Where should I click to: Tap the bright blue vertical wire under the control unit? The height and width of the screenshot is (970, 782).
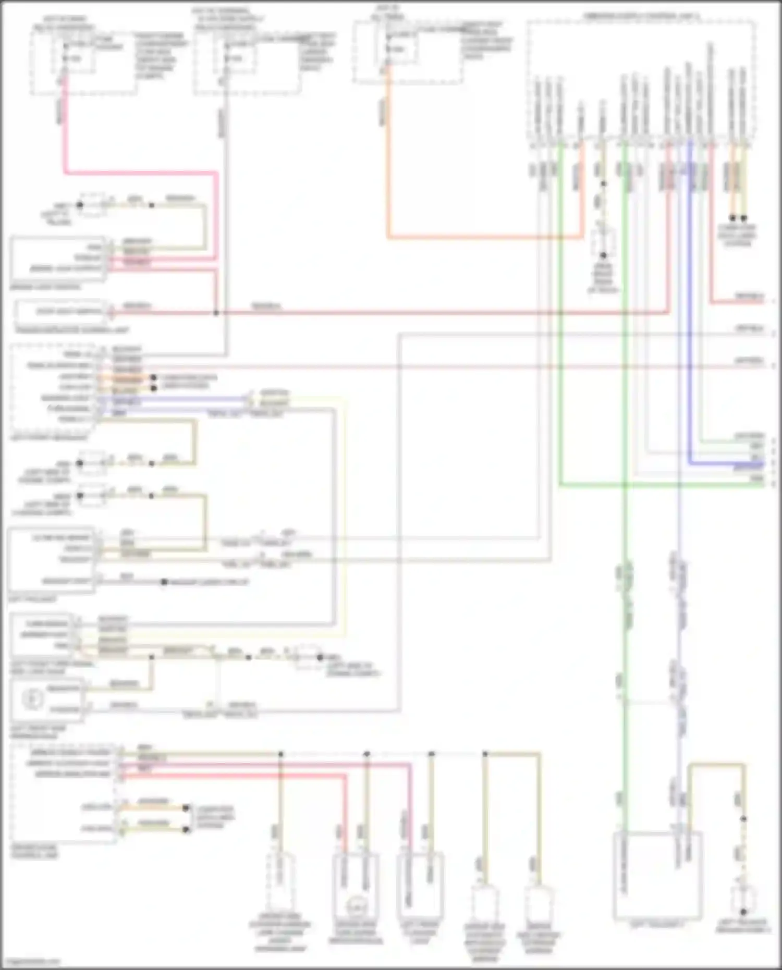coord(689,313)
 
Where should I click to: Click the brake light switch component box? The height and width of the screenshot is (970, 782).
coord(57,258)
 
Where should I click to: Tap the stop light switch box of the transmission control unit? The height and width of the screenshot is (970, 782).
coord(62,312)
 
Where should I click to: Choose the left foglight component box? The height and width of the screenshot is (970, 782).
coord(51,560)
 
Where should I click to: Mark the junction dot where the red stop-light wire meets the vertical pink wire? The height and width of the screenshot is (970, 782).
coord(216,313)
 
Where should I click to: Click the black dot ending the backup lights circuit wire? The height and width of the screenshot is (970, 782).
coord(164,582)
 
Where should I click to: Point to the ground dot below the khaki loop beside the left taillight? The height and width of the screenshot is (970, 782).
coord(743,912)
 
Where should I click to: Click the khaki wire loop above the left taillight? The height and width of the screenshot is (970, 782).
coord(717,766)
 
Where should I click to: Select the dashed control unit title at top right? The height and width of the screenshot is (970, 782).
coord(641,17)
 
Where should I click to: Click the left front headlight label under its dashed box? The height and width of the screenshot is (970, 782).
coord(42,437)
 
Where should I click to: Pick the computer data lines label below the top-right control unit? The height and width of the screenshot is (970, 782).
coord(737,235)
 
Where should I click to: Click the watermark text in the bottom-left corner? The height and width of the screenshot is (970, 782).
coord(31,962)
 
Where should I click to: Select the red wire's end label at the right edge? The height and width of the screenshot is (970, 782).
coord(749,296)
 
